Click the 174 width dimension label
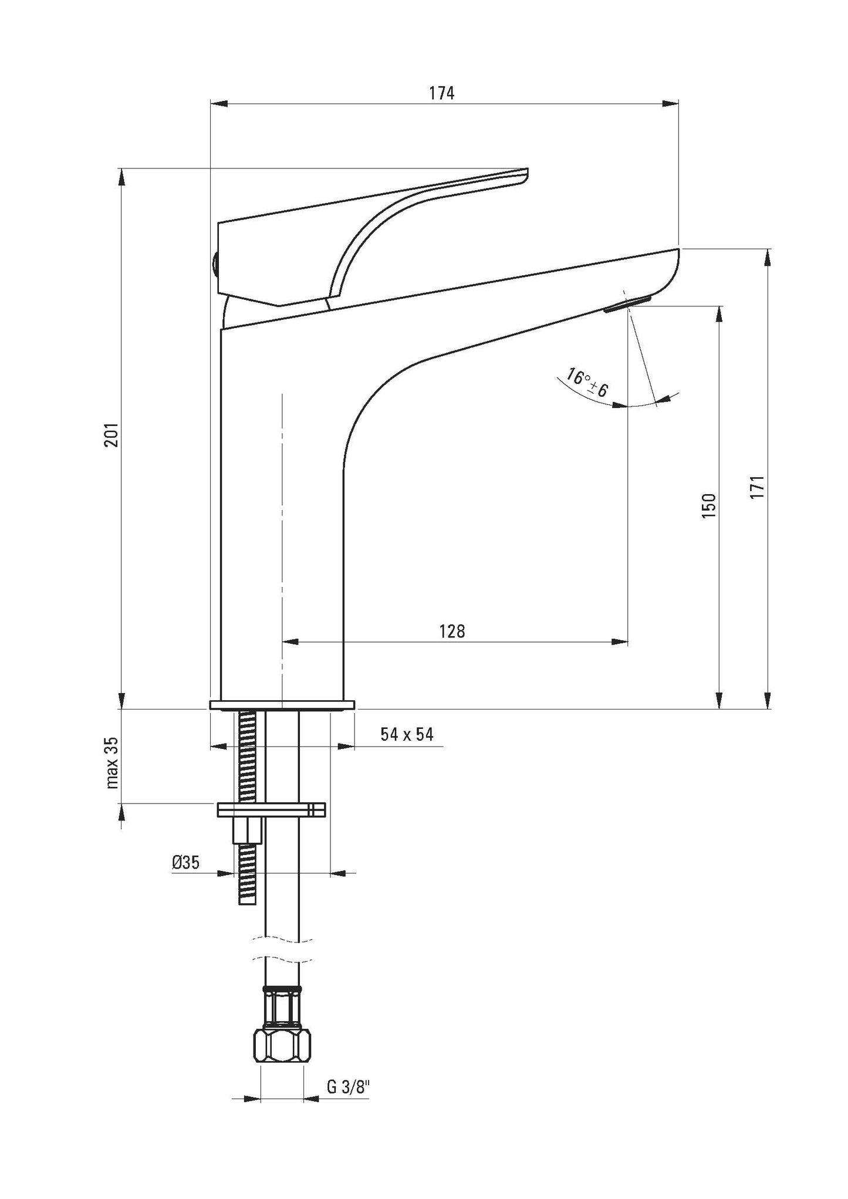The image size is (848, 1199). tap(441, 93)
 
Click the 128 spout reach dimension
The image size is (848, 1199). tap(452, 631)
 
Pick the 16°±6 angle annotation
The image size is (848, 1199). tap(587, 382)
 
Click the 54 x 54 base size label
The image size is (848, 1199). tap(407, 734)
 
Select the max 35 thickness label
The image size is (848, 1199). tap(112, 763)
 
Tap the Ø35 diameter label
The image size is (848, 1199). tap(186, 862)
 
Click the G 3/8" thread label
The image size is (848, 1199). tap(349, 1087)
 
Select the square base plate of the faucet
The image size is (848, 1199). tap(282, 704)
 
